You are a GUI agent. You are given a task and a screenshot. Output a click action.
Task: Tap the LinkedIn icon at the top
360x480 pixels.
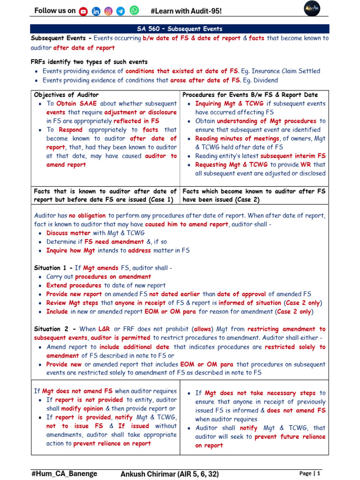point(96,11)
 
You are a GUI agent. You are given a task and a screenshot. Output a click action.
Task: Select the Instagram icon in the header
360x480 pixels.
point(108,11)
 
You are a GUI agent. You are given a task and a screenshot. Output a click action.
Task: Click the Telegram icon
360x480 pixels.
point(121,11)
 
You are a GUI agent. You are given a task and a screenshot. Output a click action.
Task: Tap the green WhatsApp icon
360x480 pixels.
point(134,10)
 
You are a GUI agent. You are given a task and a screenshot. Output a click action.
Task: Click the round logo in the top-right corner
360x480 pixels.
point(312,10)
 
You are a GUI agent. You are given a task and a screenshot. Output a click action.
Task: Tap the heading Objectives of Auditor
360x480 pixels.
point(67,95)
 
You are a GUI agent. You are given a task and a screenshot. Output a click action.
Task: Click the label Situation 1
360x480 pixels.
point(52,268)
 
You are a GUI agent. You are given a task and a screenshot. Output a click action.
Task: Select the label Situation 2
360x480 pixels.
point(52,329)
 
